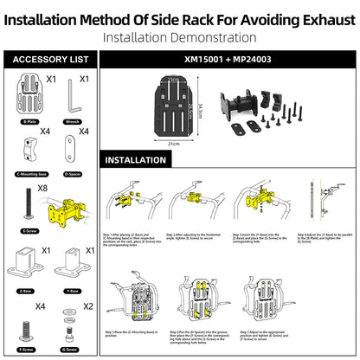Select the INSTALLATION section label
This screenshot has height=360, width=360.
[136, 160]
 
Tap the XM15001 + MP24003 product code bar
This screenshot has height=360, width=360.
[228, 60]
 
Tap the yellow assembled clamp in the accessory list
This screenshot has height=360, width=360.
[59, 214]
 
